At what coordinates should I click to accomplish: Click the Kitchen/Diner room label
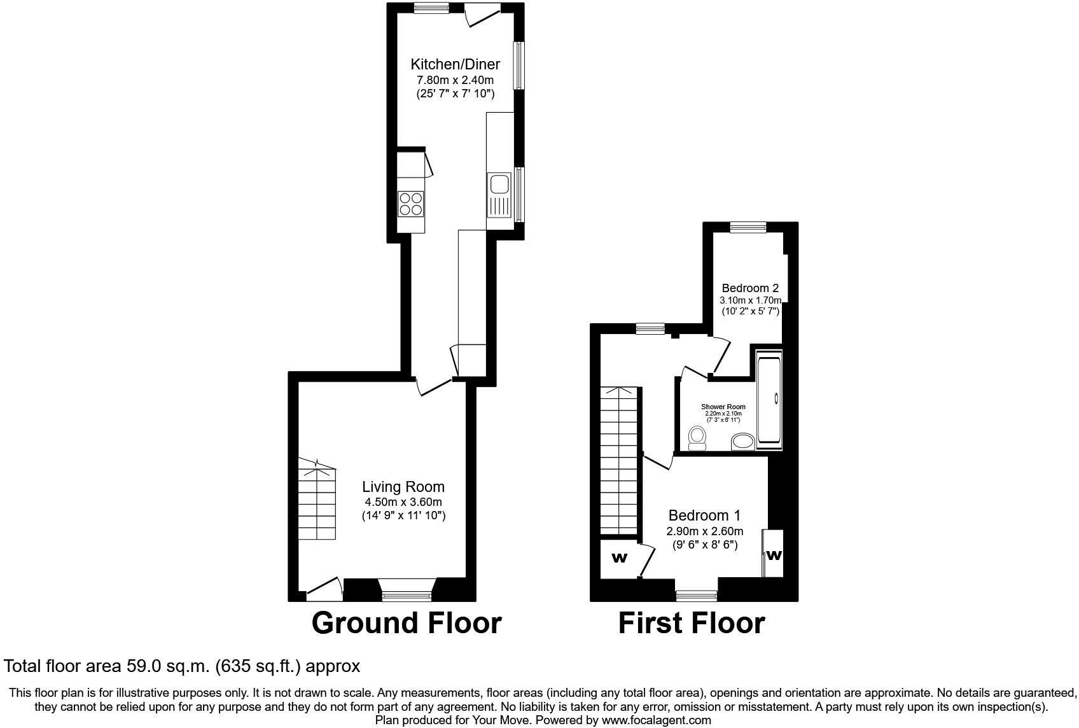(x=455, y=64)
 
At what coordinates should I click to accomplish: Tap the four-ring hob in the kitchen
(x=410, y=204)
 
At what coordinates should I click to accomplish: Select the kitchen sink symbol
(x=498, y=185)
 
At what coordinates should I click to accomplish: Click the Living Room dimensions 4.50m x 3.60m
(x=403, y=502)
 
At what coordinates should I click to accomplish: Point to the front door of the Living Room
(x=324, y=589)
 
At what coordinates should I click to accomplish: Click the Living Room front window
(x=406, y=596)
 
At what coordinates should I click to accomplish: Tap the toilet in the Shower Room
(x=697, y=438)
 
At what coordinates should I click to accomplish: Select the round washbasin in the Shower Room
(x=742, y=442)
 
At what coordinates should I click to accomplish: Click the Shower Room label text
(x=723, y=407)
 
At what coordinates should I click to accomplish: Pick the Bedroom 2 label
(x=750, y=288)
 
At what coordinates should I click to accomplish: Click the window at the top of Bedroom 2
(x=748, y=227)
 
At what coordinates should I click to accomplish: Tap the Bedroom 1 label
(x=704, y=515)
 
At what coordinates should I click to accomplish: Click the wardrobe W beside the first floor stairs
(x=619, y=559)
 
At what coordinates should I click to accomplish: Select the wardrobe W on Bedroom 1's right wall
(x=774, y=555)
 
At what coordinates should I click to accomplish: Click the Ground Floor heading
(x=406, y=623)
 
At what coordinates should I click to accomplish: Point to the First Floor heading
(x=691, y=623)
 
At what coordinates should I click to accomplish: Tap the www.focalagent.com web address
(x=656, y=720)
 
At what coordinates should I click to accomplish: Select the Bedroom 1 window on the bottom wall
(x=696, y=596)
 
